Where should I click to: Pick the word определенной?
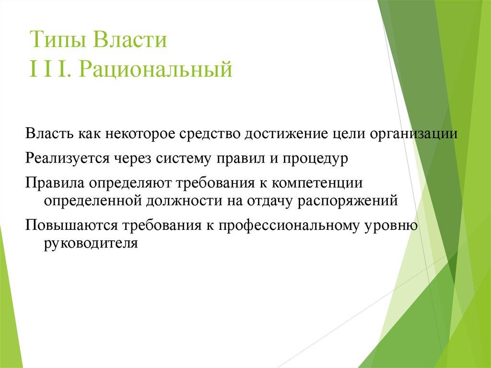92,200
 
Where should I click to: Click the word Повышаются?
71,226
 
